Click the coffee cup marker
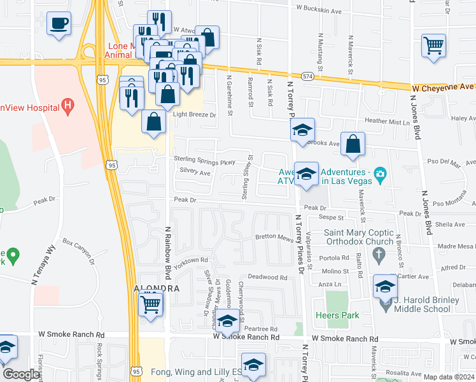(x=59, y=24)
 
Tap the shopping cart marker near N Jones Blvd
(x=433, y=45)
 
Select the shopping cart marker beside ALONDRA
(x=150, y=304)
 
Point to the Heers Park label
(x=337, y=315)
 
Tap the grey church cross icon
(x=379, y=257)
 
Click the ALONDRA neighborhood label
(x=153, y=288)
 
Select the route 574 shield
(x=308, y=76)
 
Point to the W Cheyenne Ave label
(x=443, y=87)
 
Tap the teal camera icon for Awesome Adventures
(x=381, y=173)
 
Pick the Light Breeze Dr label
(x=195, y=115)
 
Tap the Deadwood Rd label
(x=268, y=277)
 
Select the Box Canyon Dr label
(x=78, y=251)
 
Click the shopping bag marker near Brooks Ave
(x=353, y=145)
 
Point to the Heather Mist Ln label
(x=385, y=122)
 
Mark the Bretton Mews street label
(x=274, y=236)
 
